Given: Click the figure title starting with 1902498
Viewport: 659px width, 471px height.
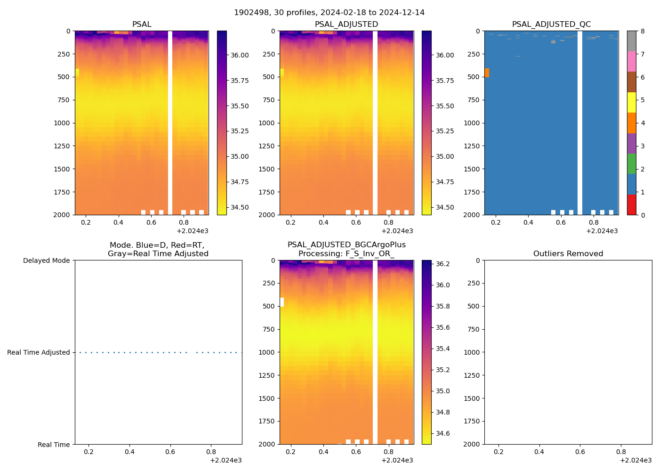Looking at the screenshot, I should pos(329,12).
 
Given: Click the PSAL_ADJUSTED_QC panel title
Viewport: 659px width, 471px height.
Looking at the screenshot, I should pos(551,24).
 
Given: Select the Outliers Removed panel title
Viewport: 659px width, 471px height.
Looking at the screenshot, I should pos(568,254).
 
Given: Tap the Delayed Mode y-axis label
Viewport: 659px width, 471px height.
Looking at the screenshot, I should pos(46,260).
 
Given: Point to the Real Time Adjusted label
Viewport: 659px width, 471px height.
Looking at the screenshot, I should pos(38,352).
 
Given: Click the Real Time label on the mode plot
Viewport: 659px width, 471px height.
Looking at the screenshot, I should pos(54,445).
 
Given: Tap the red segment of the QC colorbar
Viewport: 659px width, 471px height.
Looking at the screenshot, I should pos(631,205).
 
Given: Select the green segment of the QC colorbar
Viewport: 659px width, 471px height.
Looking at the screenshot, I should pos(631,164).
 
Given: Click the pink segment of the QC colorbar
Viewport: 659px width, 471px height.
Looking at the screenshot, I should pos(631,62).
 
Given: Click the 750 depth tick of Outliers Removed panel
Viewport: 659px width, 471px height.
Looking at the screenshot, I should pos(474,329).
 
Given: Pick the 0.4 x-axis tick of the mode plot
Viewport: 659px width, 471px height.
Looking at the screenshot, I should pos(129,452).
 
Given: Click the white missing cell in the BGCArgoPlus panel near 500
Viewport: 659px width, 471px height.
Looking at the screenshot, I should pos(282,302).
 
